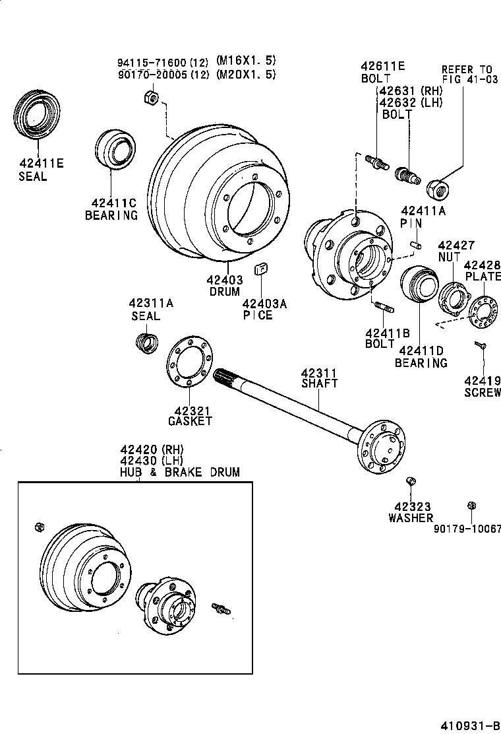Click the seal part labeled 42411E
click(x=38, y=117)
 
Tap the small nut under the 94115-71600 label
click(x=149, y=99)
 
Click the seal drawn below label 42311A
click(x=146, y=343)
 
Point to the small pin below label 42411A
click(x=415, y=244)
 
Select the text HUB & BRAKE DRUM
click(x=179, y=472)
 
